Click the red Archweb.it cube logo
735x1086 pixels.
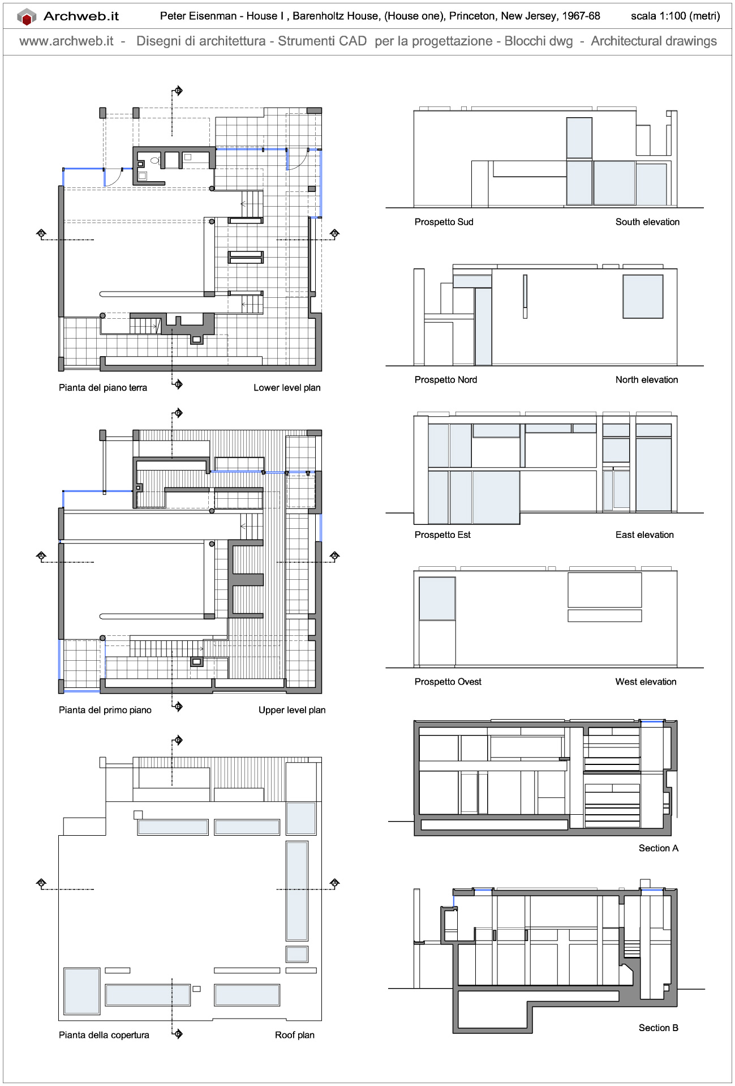coord(26,17)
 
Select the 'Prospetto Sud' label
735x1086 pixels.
coord(444,222)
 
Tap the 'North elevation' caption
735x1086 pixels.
coord(646,380)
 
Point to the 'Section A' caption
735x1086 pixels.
coord(658,848)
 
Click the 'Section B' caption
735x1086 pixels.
coord(658,1028)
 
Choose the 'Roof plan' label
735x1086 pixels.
coord(294,1035)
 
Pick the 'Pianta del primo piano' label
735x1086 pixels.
coord(105,710)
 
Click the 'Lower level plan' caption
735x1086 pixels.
coord(287,388)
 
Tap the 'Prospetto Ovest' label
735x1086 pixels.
coord(448,682)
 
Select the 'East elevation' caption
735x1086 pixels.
coord(644,535)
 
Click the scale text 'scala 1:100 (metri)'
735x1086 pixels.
coord(675,16)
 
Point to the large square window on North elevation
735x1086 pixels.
coord(643,297)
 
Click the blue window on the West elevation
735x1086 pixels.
coord(437,598)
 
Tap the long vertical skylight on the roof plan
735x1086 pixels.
coord(297,890)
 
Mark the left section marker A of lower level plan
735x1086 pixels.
coord(41,233)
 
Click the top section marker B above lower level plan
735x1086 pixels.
coord(178,91)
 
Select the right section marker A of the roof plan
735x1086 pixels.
coord(334,883)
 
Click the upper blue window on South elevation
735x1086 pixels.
coord(579,138)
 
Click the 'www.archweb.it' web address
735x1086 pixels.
coord(66,41)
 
